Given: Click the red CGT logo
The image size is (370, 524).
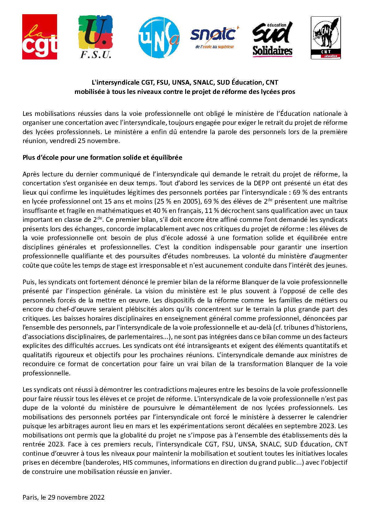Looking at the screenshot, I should click(39, 37).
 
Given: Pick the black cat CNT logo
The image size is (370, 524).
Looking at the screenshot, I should click(326, 38).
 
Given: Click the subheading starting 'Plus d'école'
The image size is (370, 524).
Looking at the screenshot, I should click(102, 158).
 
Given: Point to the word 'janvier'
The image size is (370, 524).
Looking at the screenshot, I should click(160, 472).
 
